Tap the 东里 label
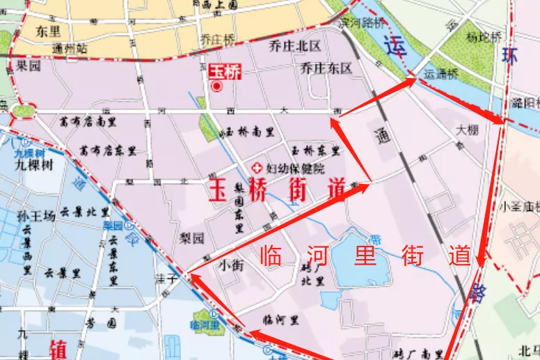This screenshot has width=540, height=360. pyautogui.click(x=49, y=31)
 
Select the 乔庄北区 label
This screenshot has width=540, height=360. pyautogui.click(x=294, y=47)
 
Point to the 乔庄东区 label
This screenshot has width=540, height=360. pyautogui.click(x=326, y=68)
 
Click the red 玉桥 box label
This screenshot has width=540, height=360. pyautogui.click(x=225, y=71)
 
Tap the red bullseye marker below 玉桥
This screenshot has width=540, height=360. pyautogui.click(x=217, y=86)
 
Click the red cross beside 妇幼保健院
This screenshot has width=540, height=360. pyautogui.click(x=257, y=169)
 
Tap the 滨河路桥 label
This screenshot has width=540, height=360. pyautogui.click(x=362, y=22)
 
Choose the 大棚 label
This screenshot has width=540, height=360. pyautogui.click(x=468, y=130)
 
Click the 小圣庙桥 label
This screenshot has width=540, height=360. pyautogui.click(x=521, y=206)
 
